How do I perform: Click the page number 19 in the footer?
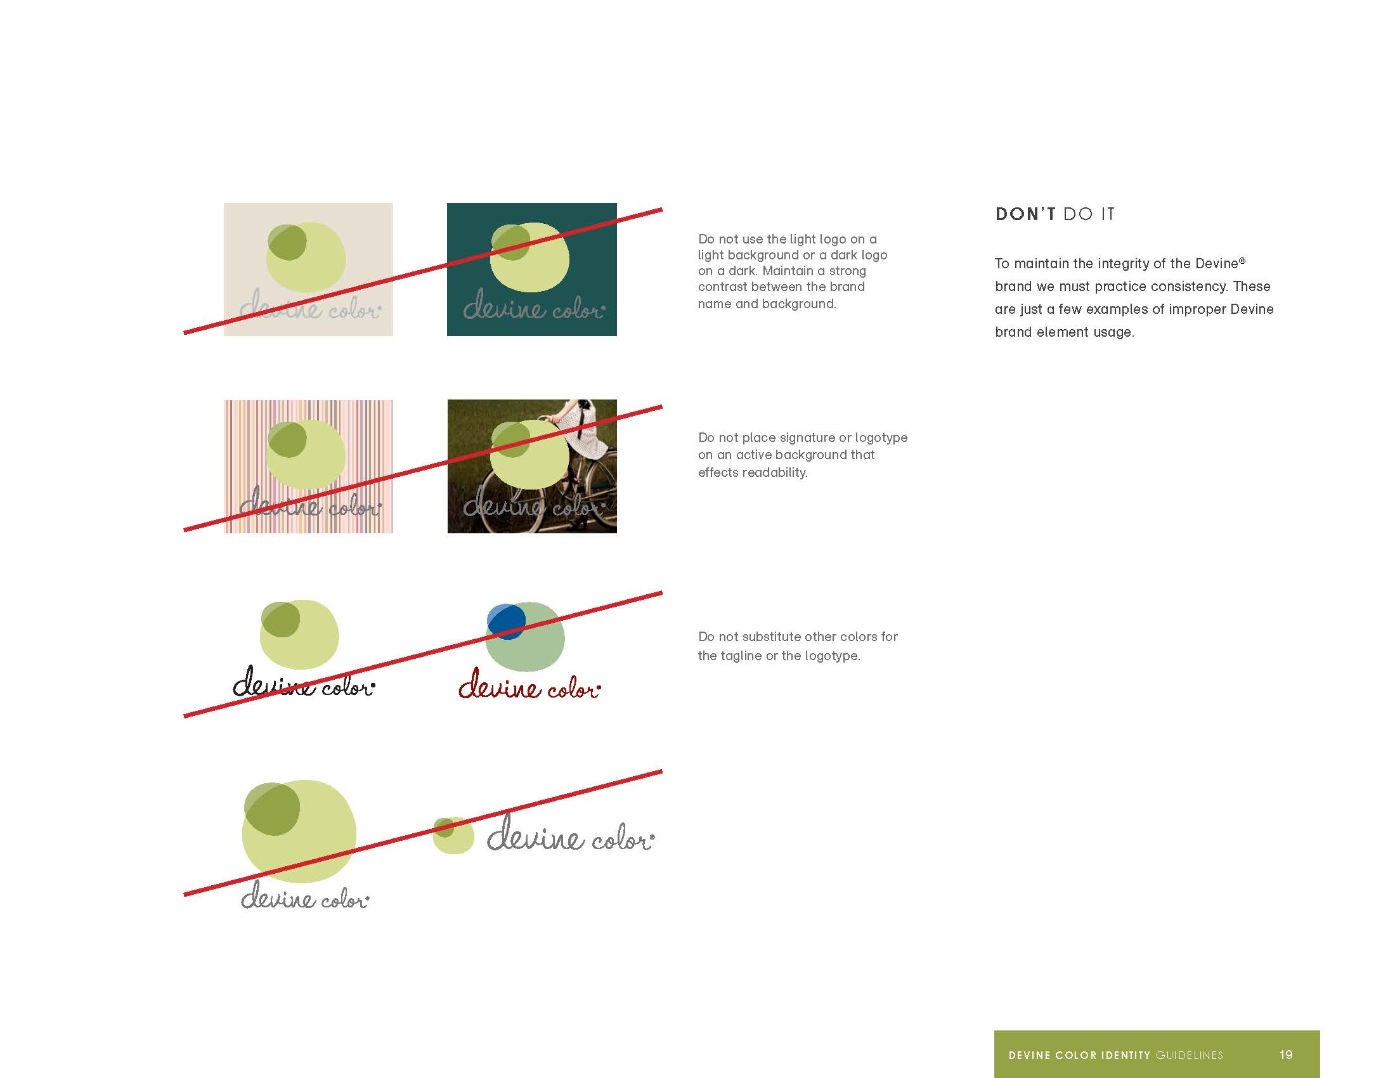click(1286, 1055)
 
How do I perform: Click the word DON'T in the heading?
click(1026, 214)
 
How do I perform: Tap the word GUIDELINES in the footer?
click(1190, 1055)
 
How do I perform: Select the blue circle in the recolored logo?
click(506, 621)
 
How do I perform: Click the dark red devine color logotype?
click(529, 684)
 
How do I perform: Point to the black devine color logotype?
click(303, 682)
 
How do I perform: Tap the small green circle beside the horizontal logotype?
click(453, 835)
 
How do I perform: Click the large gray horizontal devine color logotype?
click(571, 833)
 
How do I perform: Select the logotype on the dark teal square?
click(533, 304)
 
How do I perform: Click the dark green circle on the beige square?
click(287, 242)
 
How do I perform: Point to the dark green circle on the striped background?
click(287, 439)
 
